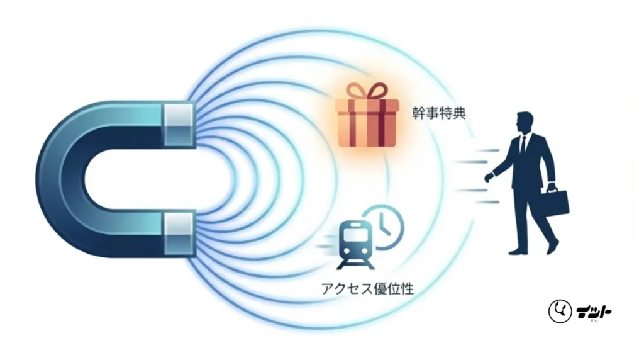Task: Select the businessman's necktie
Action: pyautogui.click(x=521, y=146)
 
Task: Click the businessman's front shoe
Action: pyautogui.click(x=518, y=251)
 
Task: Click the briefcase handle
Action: pyautogui.click(x=552, y=188)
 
